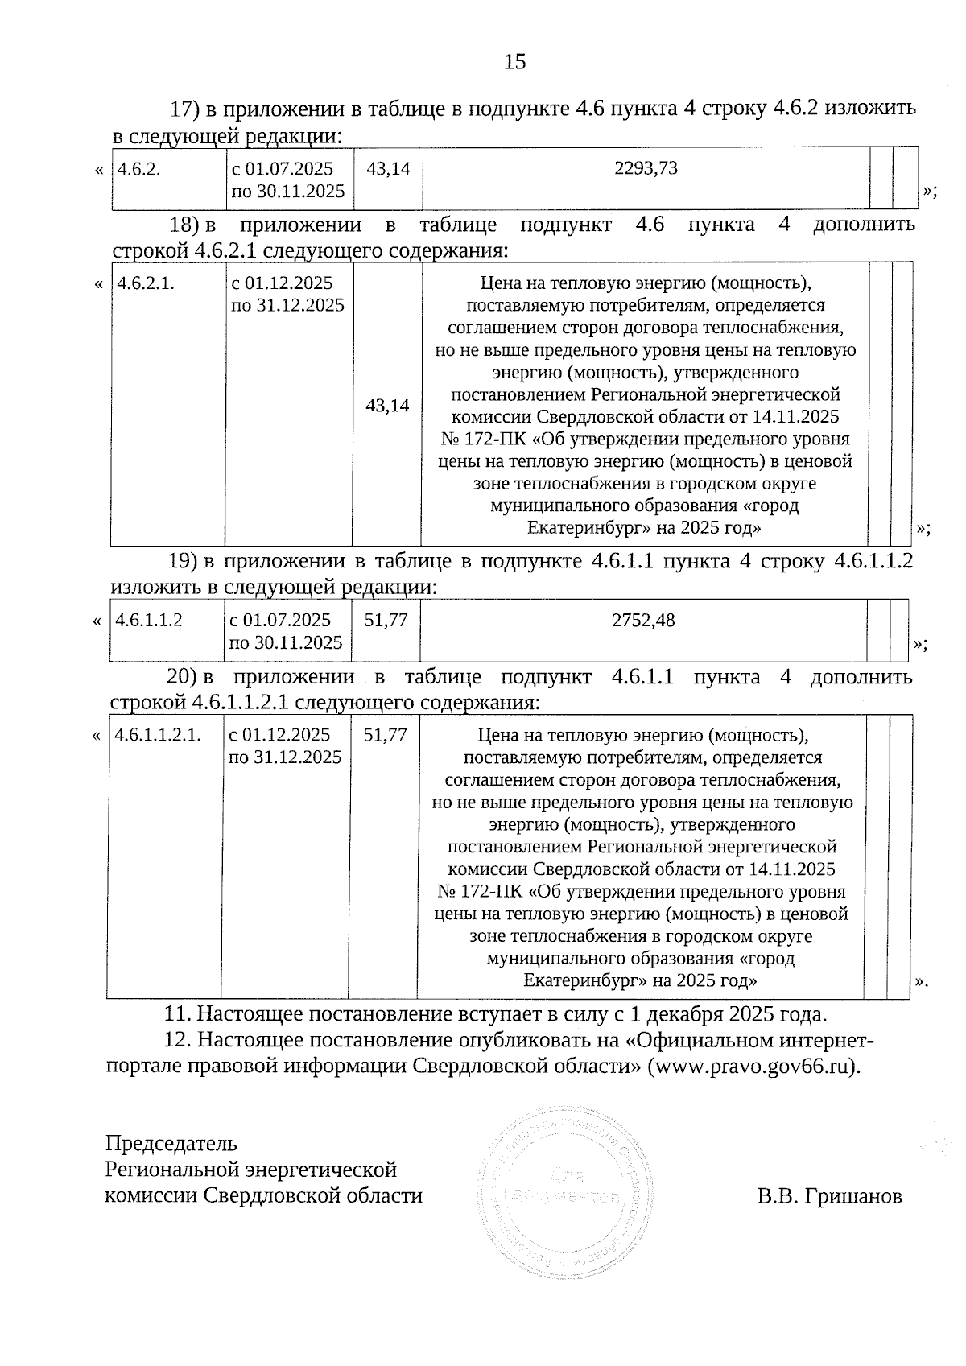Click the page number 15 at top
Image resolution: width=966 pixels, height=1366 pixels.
pos(514,61)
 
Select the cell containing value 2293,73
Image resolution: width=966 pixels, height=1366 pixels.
pos(645,168)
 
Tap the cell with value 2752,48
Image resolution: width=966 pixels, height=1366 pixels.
pos(643,620)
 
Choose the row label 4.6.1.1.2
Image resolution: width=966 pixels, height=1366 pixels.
pos(149,620)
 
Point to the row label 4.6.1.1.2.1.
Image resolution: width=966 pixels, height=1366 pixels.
pos(158,735)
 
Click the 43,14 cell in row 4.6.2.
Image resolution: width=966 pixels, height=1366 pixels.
pos(388,169)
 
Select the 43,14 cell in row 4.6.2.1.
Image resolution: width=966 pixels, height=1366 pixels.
pos(387,406)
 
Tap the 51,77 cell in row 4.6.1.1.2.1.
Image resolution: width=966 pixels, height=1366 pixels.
pos(386,735)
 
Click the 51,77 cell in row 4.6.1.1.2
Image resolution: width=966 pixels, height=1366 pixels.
pos(386,620)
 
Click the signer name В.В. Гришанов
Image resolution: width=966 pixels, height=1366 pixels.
pos(829,1196)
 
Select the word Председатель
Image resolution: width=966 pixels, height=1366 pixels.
pos(171,1143)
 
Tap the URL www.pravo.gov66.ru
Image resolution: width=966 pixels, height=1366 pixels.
pos(752,1066)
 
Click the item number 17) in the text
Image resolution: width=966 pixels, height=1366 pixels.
pos(184,109)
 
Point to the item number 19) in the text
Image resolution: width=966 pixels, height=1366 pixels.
pos(184,561)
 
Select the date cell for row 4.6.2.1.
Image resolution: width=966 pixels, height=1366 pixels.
pos(287,295)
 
